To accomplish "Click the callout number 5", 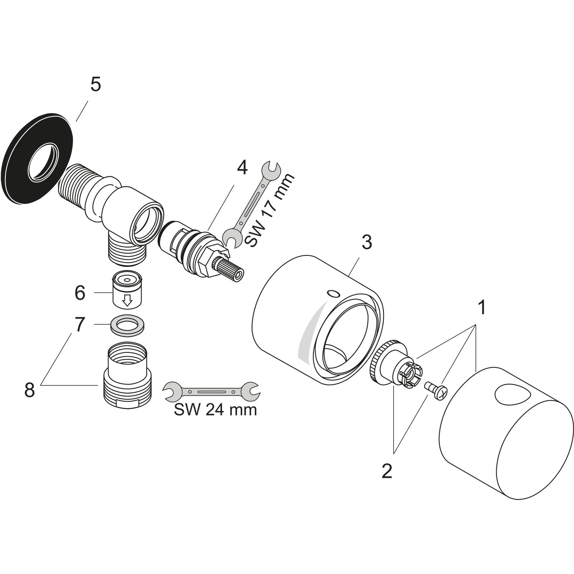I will coord(95,85).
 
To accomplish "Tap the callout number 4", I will coord(242,168).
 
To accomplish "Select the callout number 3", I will coord(366,243).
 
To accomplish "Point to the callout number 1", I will coord(481,307).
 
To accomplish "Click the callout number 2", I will coord(387,471).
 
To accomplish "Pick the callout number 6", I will coord(80,293).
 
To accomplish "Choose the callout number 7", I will coord(80,325).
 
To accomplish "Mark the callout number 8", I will coord(29,390).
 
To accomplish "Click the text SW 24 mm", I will coord(215,410).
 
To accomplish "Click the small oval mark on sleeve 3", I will coord(333,294).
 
